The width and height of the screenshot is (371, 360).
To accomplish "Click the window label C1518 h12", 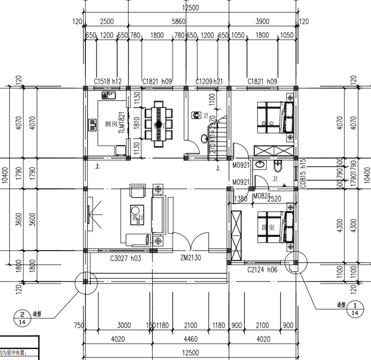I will (108, 81).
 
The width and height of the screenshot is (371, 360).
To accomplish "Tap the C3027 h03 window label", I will (125, 258).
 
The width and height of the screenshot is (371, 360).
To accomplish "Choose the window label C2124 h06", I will (262, 270).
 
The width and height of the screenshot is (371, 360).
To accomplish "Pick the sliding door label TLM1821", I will (122, 123).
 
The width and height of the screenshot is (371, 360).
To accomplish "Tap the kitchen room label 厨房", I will (111, 124).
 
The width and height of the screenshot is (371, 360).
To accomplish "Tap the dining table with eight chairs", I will (158, 124).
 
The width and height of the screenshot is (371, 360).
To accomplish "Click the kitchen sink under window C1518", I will (109, 95).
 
